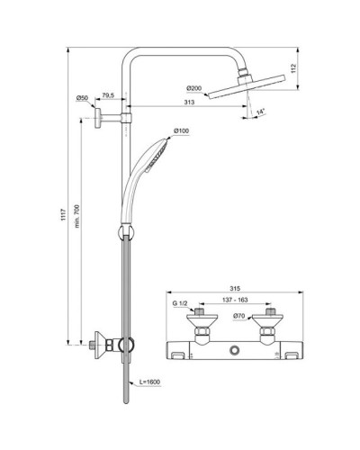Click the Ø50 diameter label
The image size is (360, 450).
point(82,97)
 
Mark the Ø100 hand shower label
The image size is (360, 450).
point(181,132)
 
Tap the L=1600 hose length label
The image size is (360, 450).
point(151,382)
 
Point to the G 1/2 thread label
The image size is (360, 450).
point(182,305)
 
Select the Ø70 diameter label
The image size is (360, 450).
point(238,317)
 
